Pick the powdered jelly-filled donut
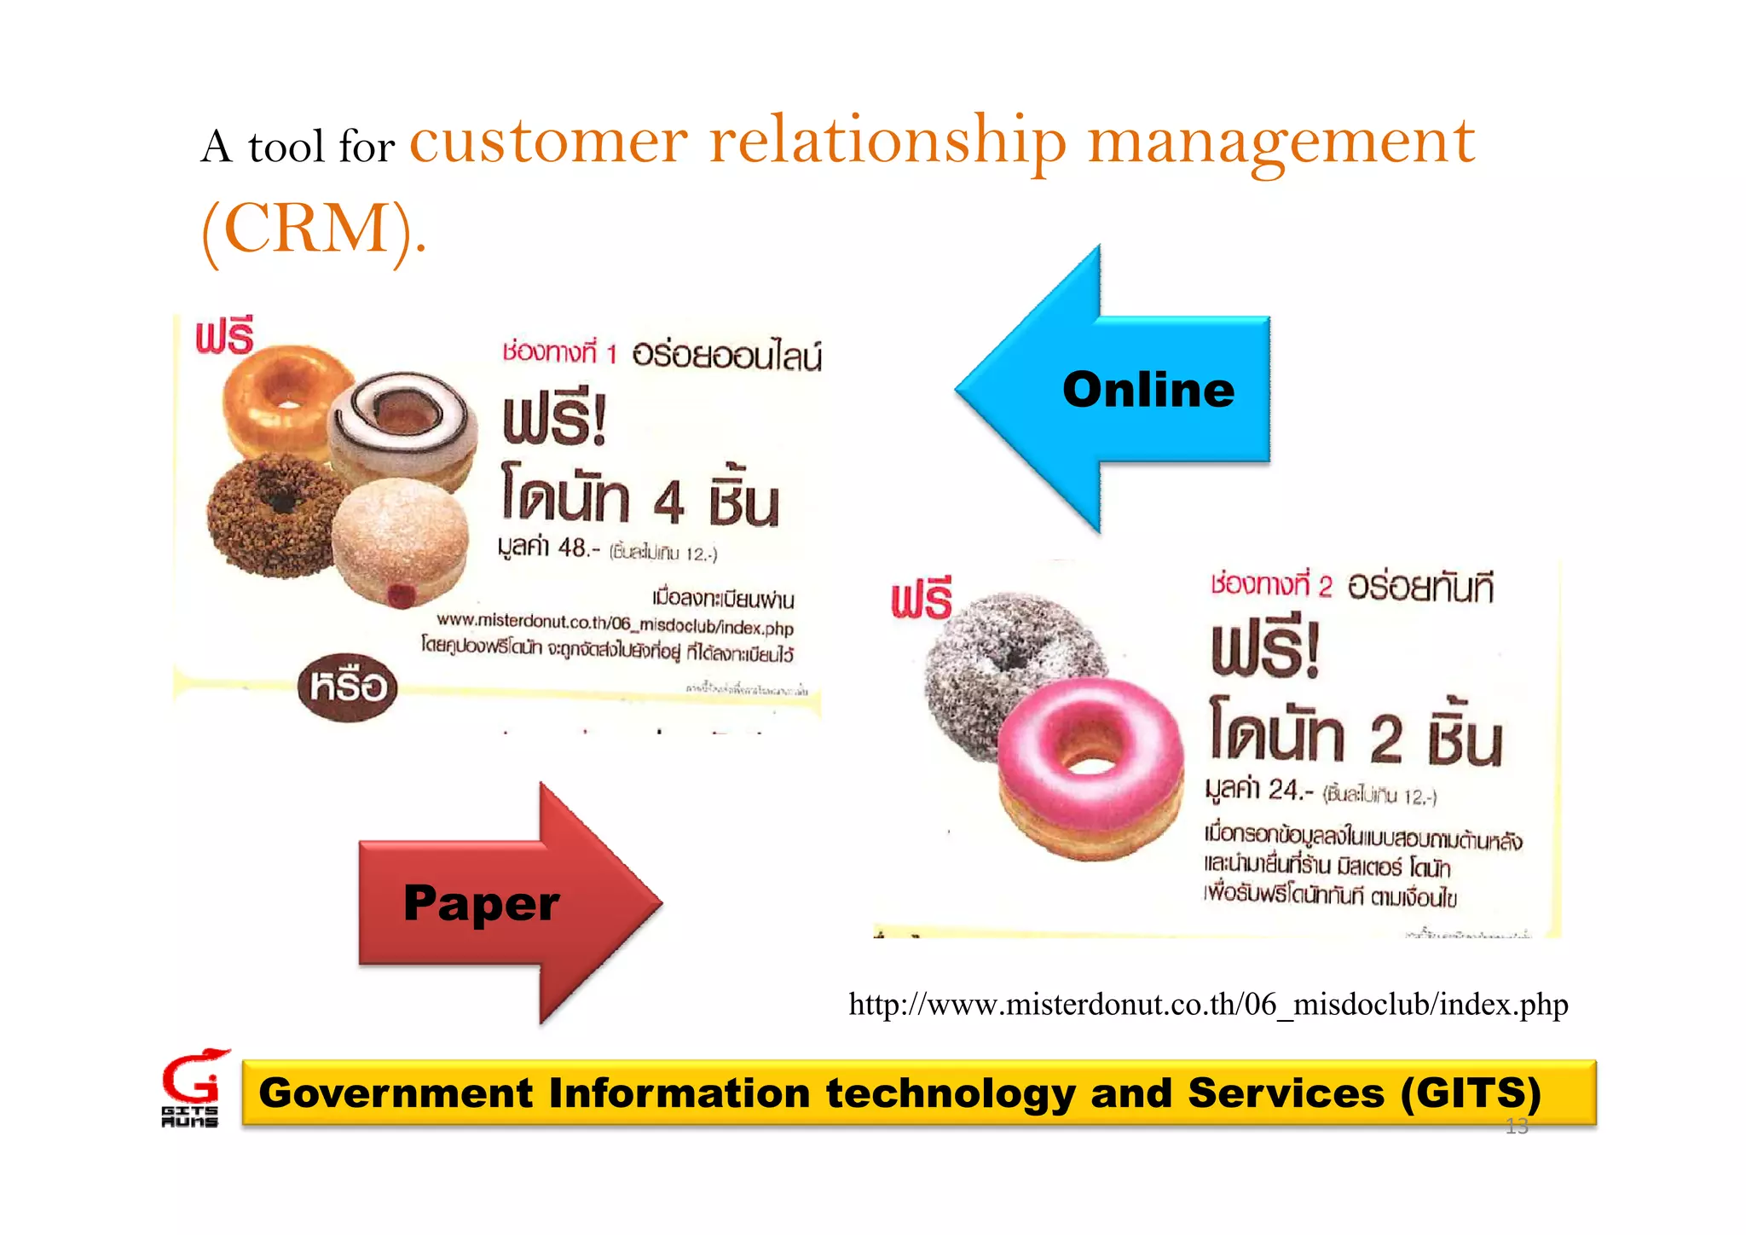[401, 542]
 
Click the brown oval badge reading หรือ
[348, 687]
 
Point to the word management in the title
[1281, 143]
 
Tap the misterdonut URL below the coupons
[1208, 1004]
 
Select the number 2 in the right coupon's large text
[1386, 738]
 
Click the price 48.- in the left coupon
[573, 547]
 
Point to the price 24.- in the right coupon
[1286, 790]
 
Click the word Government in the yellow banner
[396, 1093]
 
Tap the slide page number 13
[1517, 1127]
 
